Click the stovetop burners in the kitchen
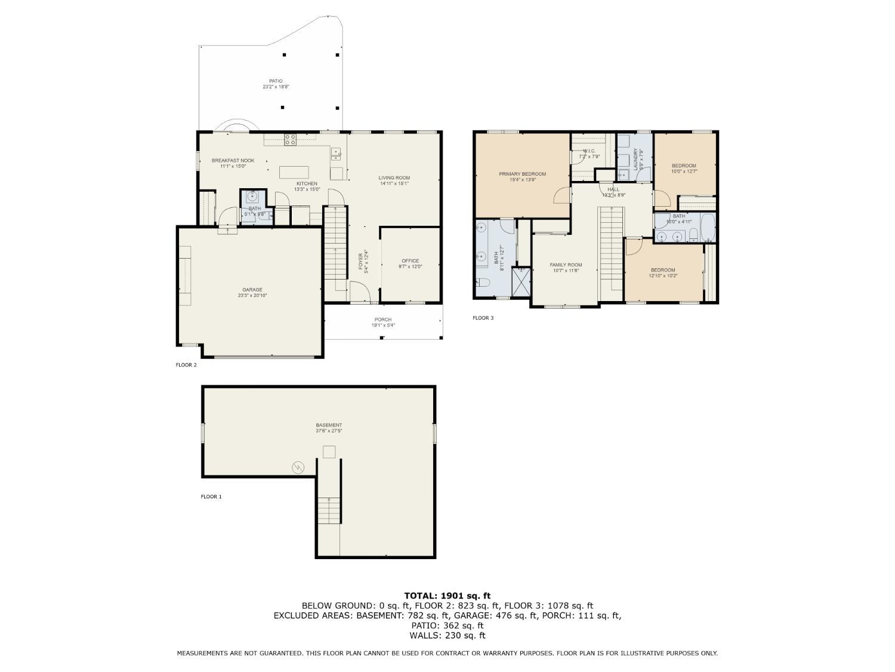[x=291, y=140]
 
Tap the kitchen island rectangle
[x=294, y=171]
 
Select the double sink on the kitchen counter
[x=336, y=154]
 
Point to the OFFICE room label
[x=410, y=260]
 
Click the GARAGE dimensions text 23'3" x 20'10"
[x=252, y=296]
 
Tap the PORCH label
[x=382, y=320]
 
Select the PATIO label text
[x=275, y=81]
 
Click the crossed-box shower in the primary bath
[x=521, y=281]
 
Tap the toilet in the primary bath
[x=483, y=282]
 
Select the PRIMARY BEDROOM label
[x=522, y=174]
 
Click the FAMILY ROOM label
[x=566, y=265]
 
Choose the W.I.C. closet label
[x=588, y=151]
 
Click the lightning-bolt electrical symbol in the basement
[x=298, y=467]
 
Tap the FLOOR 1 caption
[x=211, y=496]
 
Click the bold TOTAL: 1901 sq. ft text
[x=447, y=596]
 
